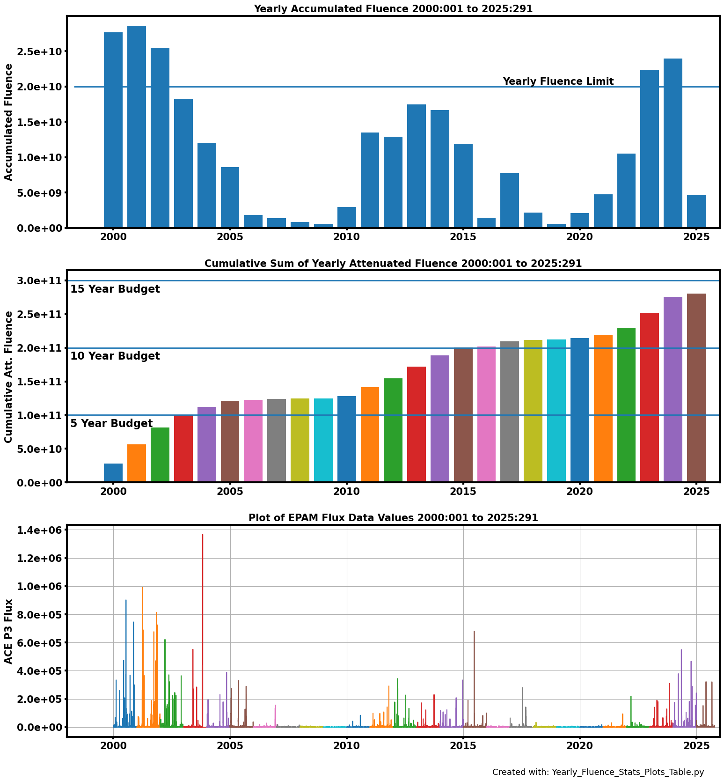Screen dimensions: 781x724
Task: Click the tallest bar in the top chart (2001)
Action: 137,126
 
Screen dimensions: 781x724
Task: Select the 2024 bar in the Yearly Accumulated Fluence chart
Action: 673,143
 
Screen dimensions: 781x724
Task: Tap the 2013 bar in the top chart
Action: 417,166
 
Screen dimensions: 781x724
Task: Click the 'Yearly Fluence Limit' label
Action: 558,81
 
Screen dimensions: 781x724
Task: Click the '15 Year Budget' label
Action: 115,289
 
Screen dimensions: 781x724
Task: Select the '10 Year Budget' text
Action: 115,356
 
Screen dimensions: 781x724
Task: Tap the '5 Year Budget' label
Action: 111,424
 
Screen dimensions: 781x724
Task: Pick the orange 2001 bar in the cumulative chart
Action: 137,463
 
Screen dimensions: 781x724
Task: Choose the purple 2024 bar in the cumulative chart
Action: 673,389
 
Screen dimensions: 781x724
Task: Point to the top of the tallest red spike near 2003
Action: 203,535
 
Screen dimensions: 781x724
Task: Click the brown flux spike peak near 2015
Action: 474,632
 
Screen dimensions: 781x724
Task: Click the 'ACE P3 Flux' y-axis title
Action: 8,631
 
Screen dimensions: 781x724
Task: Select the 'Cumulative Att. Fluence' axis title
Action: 8,376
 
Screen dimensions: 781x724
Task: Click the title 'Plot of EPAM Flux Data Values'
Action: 393,518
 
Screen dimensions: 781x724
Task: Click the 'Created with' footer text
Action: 598,772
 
